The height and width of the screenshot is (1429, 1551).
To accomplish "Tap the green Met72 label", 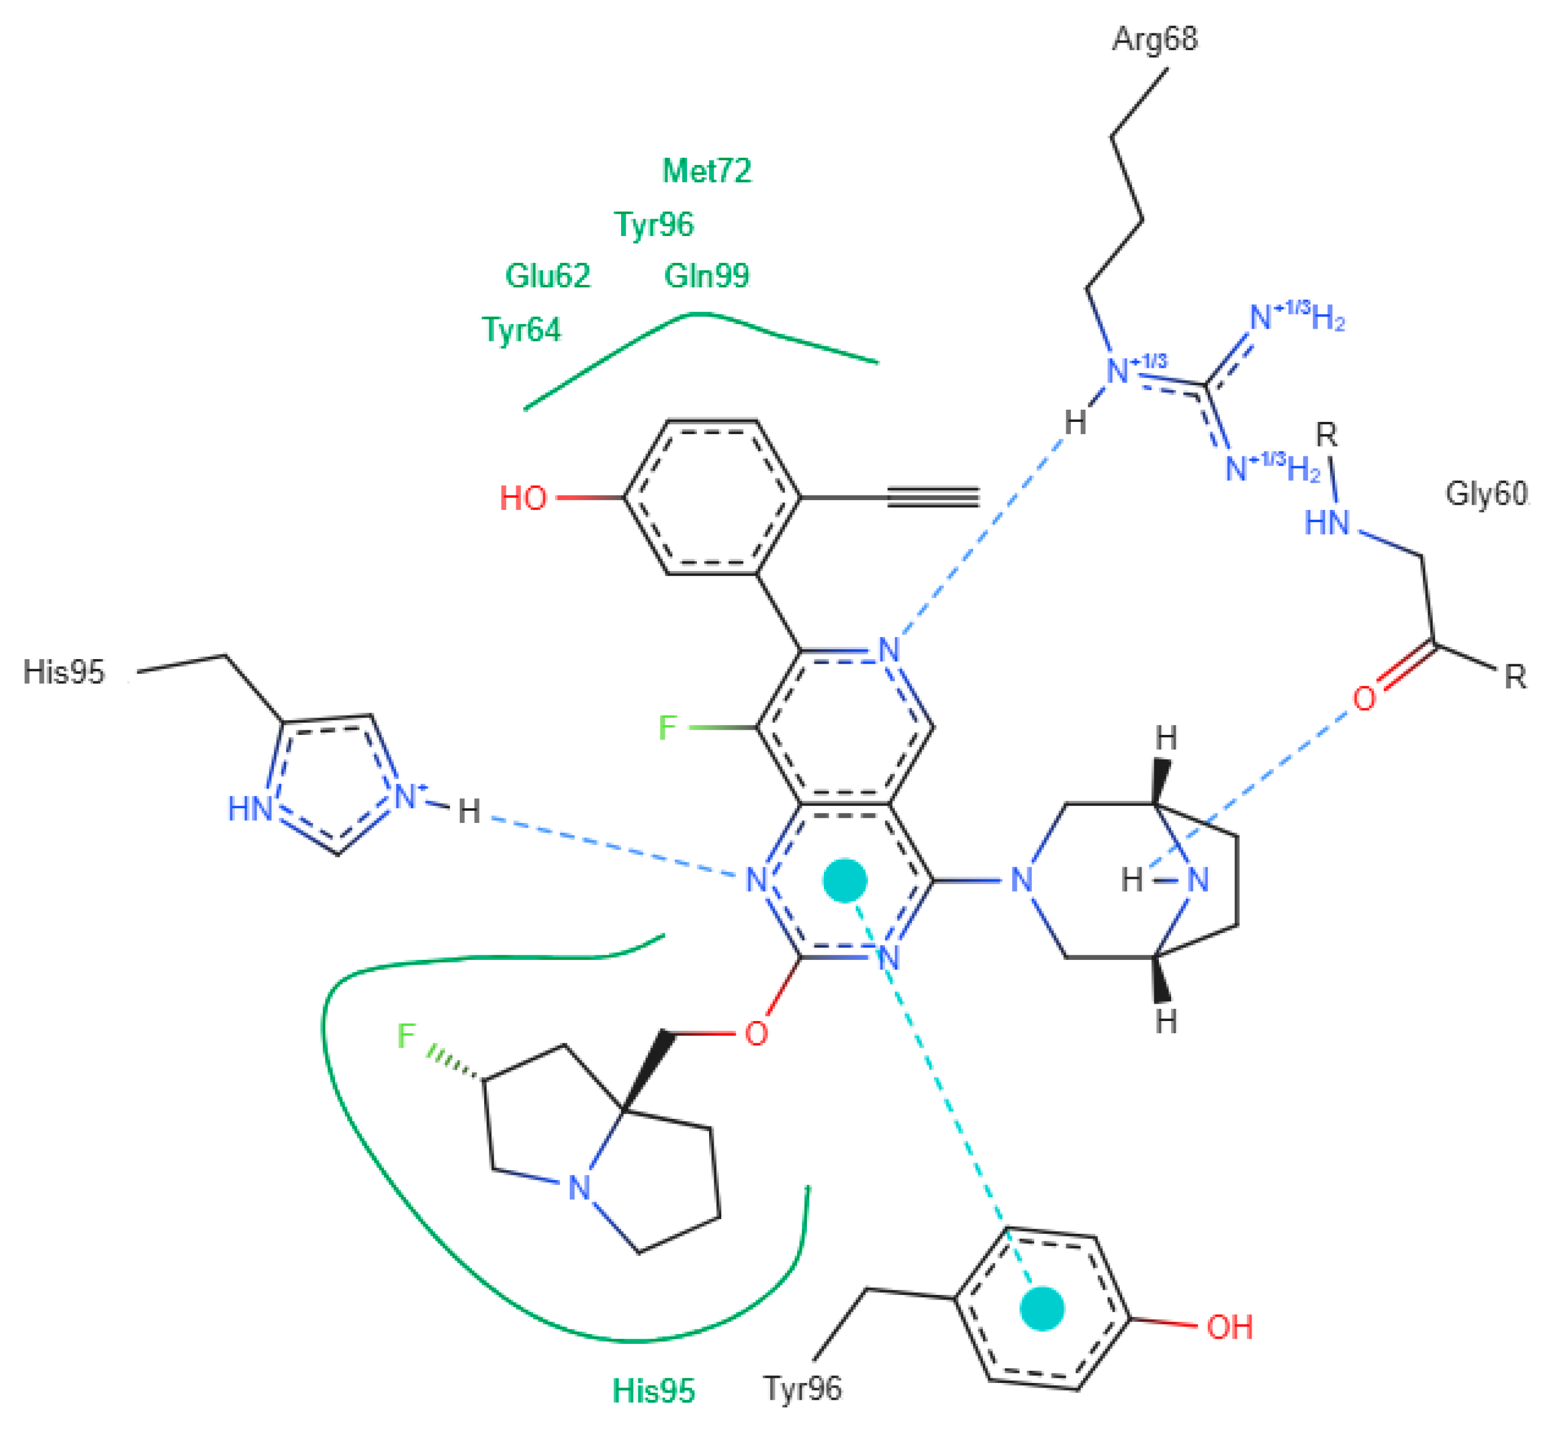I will click(x=707, y=171).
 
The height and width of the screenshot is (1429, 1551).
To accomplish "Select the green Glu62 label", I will click(x=548, y=275).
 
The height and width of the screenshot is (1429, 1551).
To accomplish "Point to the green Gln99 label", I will click(x=707, y=275).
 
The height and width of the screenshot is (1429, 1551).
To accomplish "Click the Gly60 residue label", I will click(x=1486, y=494).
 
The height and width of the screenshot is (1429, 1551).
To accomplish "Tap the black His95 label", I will click(x=64, y=672).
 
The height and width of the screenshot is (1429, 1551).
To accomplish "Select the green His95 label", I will click(x=653, y=1391).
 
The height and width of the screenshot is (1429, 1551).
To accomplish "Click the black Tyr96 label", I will click(x=802, y=1389).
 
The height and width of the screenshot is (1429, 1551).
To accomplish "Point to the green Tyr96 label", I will click(x=654, y=224).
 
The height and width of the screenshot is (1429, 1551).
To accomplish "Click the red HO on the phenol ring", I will click(x=523, y=498).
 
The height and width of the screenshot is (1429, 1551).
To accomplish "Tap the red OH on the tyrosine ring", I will click(x=1229, y=1327).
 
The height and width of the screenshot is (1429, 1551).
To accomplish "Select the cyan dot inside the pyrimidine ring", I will click(x=845, y=880).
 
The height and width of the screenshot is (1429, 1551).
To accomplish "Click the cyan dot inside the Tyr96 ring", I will click(x=1041, y=1309).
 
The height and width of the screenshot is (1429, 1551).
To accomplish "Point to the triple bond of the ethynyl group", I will click(x=933, y=497).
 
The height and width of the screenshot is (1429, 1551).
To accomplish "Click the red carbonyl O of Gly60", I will click(x=1364, y=699).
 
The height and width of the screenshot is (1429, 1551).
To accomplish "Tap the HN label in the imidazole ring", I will click(x=251, y=809).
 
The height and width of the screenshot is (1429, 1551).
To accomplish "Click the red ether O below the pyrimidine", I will click(x=755, y=1034).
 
